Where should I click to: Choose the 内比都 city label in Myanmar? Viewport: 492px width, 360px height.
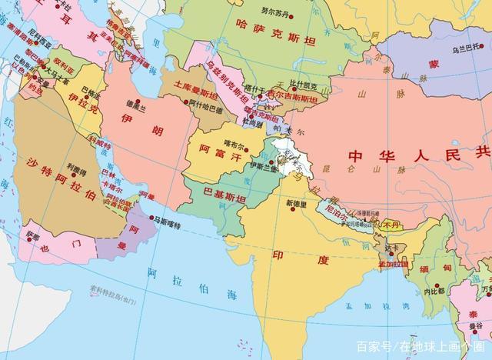pos(434,292)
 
